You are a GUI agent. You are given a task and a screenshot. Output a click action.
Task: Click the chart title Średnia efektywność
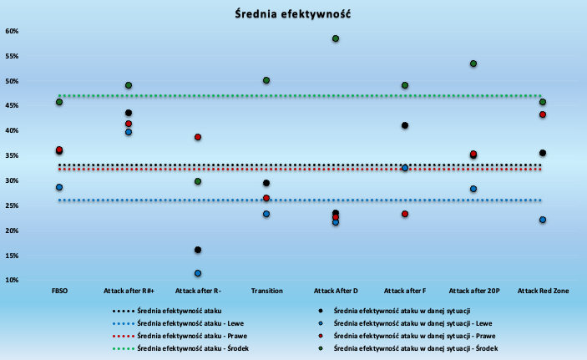tap(293, 14)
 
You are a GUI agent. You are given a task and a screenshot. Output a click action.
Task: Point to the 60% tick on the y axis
tap(12, 31)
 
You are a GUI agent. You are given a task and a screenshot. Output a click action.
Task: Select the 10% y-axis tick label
tap(12, 280)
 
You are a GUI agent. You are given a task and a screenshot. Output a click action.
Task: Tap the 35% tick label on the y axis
tap(12, 155)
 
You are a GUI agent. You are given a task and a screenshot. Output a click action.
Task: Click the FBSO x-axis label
tap(59, 291)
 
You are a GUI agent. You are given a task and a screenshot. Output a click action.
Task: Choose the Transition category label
tap(266, 291)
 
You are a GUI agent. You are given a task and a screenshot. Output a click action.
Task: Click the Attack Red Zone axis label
tap(543, 291)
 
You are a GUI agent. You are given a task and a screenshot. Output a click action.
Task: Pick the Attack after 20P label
tap(474, 291)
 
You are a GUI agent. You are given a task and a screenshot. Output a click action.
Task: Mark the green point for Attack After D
tap(336, 38)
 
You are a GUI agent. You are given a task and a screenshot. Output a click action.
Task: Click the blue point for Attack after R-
tap(198, 273)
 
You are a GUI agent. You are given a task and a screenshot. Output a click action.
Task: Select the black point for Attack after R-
tap(198, 250)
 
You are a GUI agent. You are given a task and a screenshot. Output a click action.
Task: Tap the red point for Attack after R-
tap(198, 137)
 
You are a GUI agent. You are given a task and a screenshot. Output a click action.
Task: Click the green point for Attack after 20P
tap(473, 63)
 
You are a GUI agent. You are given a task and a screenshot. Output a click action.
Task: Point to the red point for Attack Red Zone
tap(543, 114)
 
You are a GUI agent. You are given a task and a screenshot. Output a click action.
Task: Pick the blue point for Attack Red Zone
tap(543, 220)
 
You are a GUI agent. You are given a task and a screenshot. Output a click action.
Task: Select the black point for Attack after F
tap(405, 125)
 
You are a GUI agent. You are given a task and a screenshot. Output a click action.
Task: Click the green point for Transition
tap(266, 80)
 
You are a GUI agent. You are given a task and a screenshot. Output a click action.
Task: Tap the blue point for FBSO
tap(59, 187)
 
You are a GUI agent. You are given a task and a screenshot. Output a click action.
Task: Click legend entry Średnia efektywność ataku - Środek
tap(180, 348)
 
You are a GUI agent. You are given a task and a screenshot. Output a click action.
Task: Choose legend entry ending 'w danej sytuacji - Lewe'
tap(405, 323)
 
